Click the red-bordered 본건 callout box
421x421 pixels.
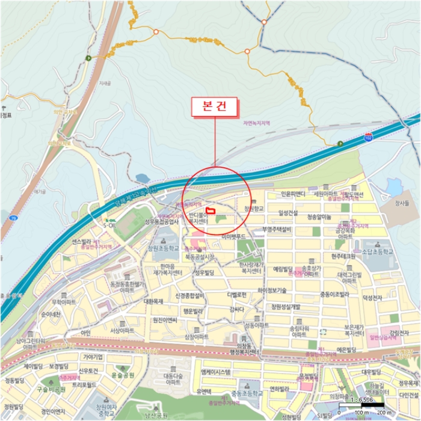click(214, 106)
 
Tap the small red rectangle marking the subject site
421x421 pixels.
click(210, 210)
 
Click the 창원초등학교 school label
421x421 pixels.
click(164, 247)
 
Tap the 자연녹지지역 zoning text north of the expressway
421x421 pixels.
click(256, 123)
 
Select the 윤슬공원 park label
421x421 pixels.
click(123, 375)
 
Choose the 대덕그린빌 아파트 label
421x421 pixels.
click(349, 277)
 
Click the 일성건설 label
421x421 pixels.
click(288, 212)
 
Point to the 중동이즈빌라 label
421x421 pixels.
click(334, 295)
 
